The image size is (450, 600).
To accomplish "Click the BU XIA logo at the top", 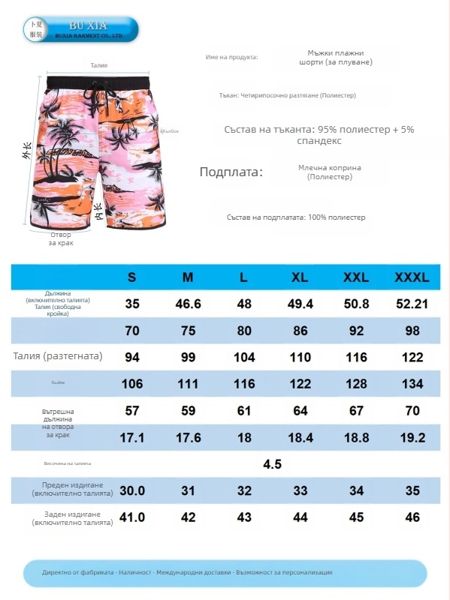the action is pos(80,29).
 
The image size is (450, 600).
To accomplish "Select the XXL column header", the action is pos(355,277).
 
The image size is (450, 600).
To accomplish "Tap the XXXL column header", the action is pos(412,277).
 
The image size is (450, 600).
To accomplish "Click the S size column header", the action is pos(132,277).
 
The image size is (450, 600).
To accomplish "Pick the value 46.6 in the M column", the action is pos(188,304).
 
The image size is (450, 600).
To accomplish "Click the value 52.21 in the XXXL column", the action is pos(412,304).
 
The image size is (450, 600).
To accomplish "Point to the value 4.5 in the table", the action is pos(272,464).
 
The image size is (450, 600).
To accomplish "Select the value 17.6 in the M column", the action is pos(188,437).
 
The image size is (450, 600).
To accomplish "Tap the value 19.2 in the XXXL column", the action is pos(412,437).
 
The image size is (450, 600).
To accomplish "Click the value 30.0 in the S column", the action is pos(132,490).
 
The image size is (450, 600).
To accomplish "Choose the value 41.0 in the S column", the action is pos(132,517).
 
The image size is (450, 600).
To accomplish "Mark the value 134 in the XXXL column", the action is pos(412,384).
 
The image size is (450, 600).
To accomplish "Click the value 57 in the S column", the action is pos(132,411).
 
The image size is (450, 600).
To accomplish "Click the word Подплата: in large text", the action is pos(231,172).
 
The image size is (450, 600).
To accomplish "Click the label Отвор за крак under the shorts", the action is pos(61,239).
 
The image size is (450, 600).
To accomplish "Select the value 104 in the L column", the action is pos(244,357).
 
